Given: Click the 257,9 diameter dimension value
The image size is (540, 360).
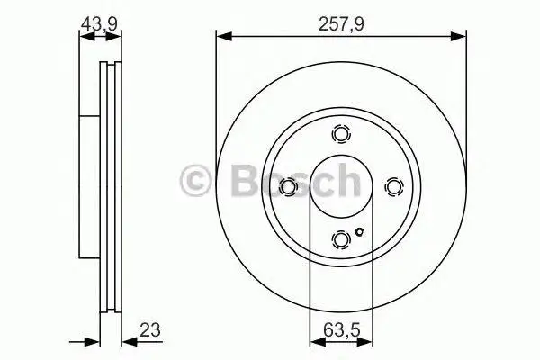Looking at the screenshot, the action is (x=341, y=24).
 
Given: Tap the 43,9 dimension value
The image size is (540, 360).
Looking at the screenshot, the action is (x=99, y=23).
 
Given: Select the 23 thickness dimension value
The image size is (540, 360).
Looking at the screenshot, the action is (x=150, y=330).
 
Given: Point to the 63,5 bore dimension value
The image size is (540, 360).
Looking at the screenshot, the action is (x=342, y=330).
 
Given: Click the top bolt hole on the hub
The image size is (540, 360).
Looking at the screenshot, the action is (x=341, y=134).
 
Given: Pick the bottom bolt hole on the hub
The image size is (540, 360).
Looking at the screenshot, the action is (x=341, y=239).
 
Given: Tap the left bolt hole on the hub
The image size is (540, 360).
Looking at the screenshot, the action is (x=289, y=186).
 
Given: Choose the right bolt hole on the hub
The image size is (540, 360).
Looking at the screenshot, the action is (x=394, y=186).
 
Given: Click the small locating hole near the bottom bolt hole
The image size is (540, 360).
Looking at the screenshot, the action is (x=359, y=232).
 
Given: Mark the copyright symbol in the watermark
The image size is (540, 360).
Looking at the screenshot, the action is (x=195, y=181).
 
